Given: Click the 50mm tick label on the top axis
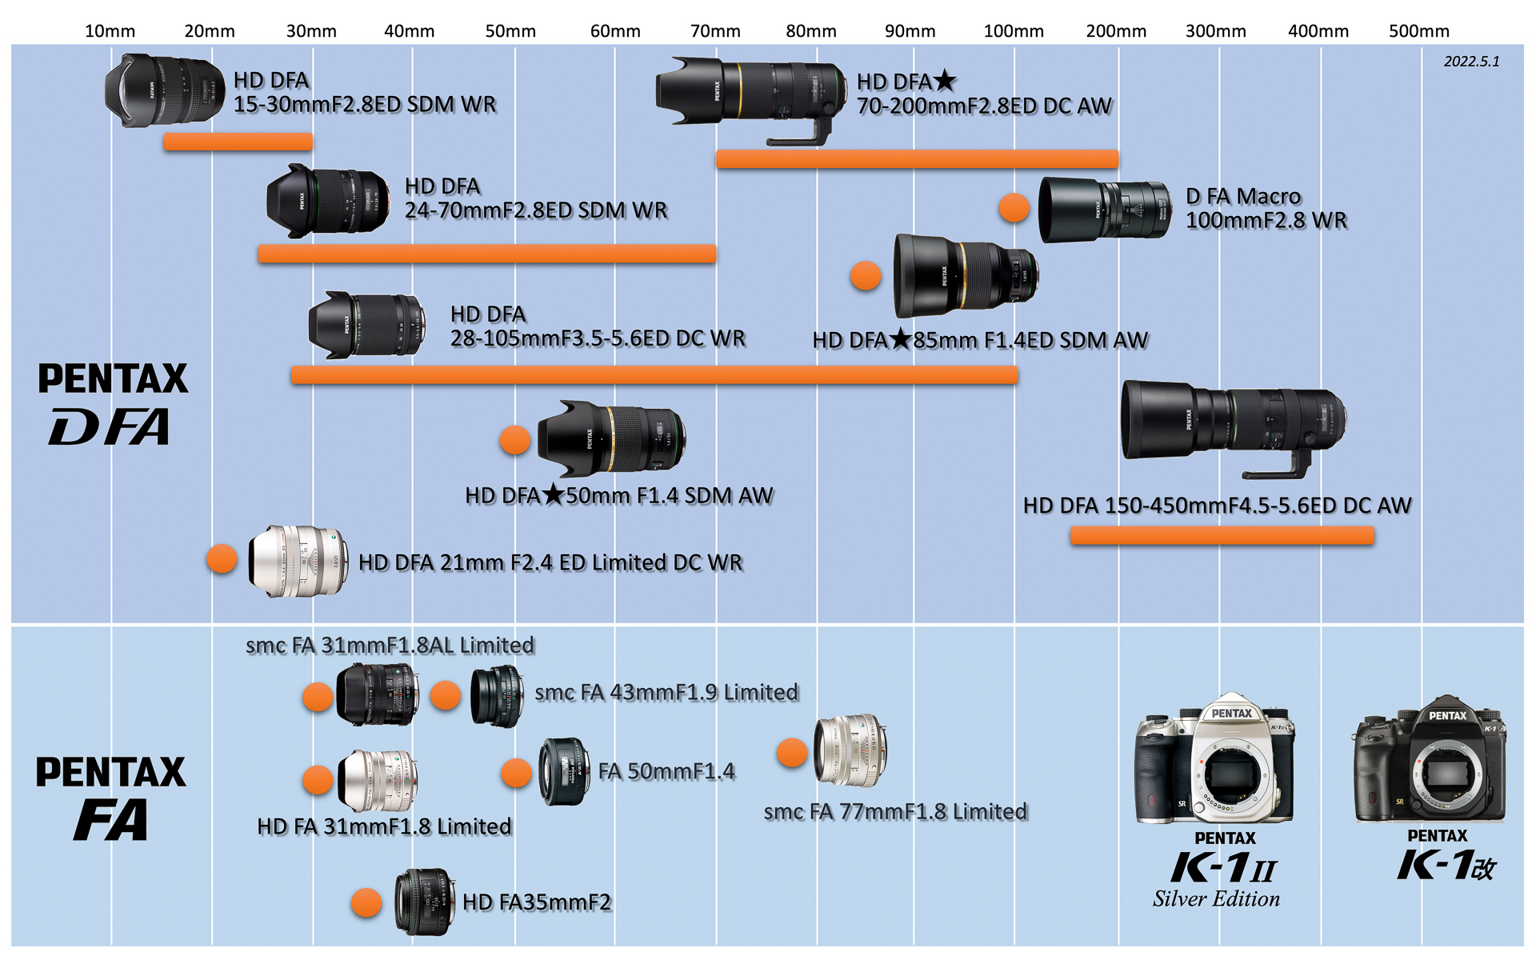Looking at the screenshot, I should tap(510, 31).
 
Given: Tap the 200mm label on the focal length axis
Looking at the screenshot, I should tap(1116, 31).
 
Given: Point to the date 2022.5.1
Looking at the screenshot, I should tap(1471, 62).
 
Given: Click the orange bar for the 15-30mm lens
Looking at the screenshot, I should tap(238, 142).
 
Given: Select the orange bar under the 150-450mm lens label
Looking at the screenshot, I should tap(1222, 535).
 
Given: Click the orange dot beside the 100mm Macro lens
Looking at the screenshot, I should tap(1014, 207).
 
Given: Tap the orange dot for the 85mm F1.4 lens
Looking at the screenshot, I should tap(866, 276).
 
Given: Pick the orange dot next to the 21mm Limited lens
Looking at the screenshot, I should tap(222, 558).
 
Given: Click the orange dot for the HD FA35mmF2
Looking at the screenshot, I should tap(366, 902).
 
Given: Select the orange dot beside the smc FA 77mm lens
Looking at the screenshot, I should tap(792, 752).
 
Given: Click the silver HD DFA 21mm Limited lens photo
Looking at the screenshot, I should tap(298, 562).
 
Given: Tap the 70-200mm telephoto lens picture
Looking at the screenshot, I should tap(750, 94).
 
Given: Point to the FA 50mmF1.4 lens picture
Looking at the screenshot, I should tap(564, 771).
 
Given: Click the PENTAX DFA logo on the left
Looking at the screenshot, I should tap(113, 403).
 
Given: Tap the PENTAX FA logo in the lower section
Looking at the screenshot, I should tap(111, 798).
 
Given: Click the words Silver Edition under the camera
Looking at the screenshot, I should tap(1216, 899).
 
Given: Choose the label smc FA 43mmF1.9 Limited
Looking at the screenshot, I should tap(666, 692).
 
